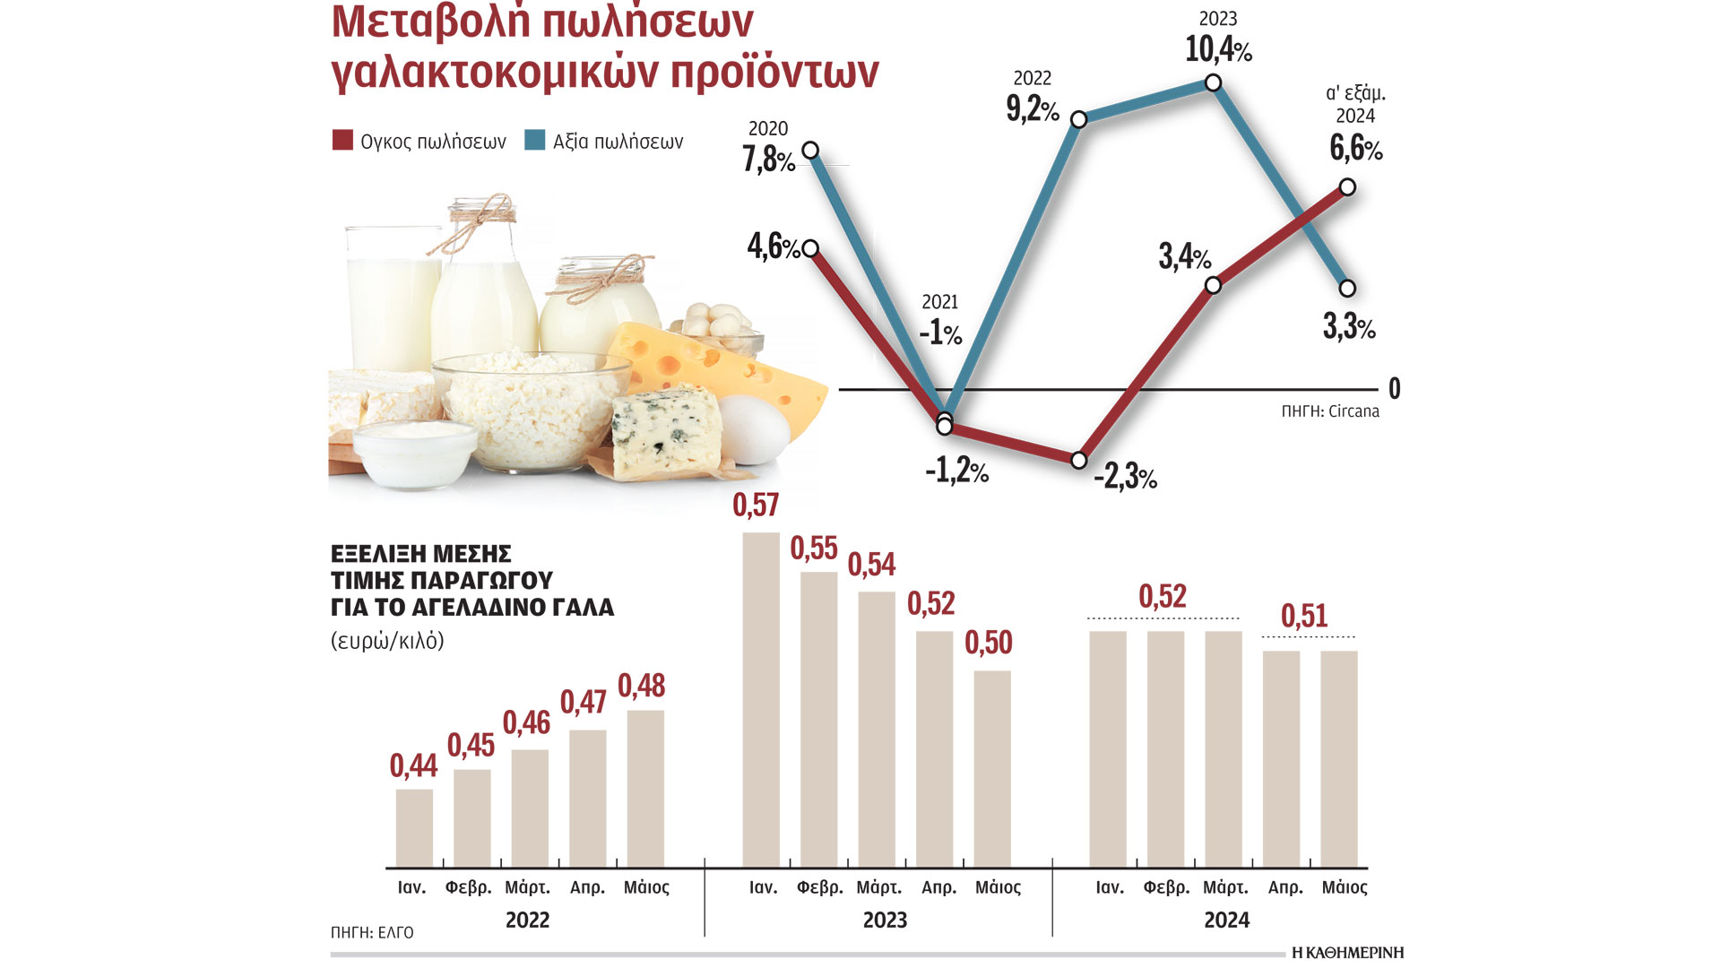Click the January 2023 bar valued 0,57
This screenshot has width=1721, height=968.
tap(761, 699)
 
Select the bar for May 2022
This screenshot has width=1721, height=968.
tap(645, 788)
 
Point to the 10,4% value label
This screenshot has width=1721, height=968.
tap(1217, 49)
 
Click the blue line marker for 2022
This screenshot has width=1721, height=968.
tap(1079, 119)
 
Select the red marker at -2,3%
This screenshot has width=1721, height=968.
tap(1079, 460)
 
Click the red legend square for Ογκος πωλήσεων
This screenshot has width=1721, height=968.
tap(342, 140)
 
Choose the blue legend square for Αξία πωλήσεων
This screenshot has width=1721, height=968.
tap(535, 140)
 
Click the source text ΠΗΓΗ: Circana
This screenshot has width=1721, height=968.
tap(1329, 411)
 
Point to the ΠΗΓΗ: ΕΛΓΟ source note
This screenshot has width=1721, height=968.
tap(372, 933)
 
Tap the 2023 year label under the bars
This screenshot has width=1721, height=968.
tap(885, 920)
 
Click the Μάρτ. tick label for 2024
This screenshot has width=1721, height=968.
tap(1224, 887)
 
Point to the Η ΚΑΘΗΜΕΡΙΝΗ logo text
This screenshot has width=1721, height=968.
tap(1347, 953)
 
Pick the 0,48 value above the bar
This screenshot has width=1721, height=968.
tap(641, 686)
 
